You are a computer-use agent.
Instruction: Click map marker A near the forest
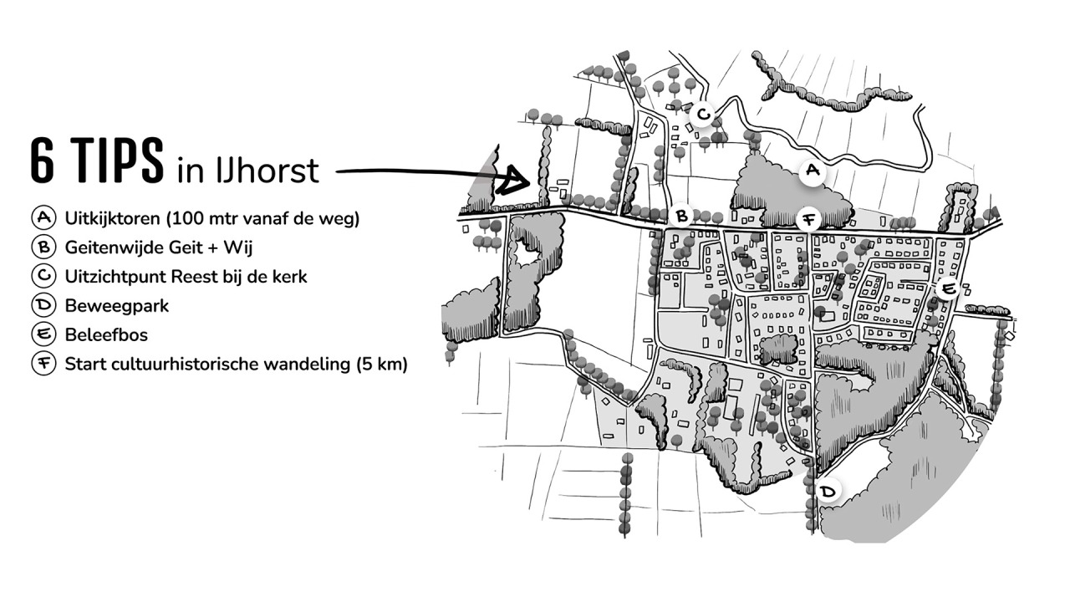point(811,171)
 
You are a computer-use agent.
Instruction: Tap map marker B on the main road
point(682,217)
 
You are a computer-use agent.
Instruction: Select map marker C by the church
point(703,114)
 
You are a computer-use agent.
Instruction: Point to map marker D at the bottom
point(828,491)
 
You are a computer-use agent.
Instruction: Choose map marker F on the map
point(808,221)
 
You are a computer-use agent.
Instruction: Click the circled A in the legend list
point(43,219)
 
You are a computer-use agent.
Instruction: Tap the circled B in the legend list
point(43,247)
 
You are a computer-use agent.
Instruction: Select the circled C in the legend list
point(43,276)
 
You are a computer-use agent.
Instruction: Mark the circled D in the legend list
point(43,305)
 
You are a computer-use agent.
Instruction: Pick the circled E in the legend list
point(43,334)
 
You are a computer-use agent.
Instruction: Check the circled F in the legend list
point(43,364)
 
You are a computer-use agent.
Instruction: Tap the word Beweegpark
point(116,306)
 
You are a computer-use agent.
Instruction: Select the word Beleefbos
point(107,334)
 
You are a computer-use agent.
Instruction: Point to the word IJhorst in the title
point(271,171)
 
